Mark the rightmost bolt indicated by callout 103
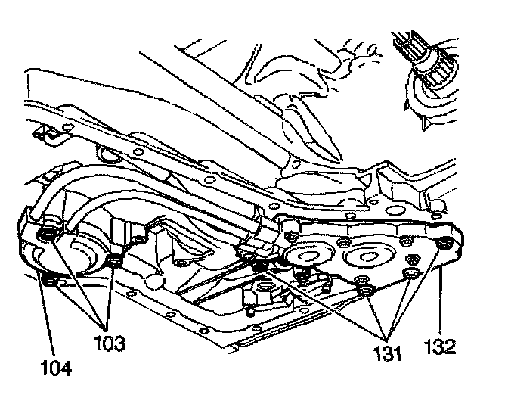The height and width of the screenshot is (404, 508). (x=115, y=262)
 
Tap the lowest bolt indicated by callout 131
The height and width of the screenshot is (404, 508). (x=365, y=292)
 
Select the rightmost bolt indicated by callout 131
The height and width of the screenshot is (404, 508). (x=411, y=272)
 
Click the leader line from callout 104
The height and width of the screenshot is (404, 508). (x=44, y=318)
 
